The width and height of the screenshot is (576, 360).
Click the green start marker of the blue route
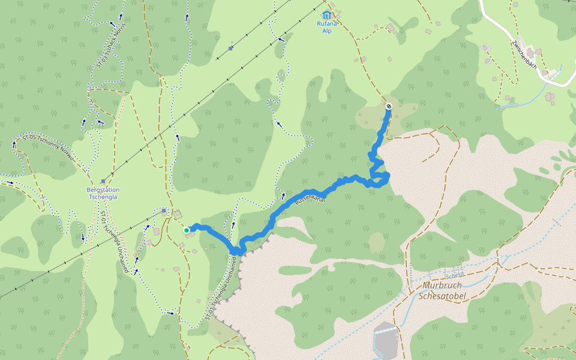click(187, 230)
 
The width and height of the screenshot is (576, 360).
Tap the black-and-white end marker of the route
click(388, 106)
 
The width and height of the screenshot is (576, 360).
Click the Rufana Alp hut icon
click(326, 14)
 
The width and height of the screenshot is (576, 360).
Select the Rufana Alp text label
click(327, 27)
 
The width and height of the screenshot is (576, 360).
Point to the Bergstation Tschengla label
click(103, 193)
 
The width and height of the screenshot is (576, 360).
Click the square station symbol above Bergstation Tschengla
click(104, 181)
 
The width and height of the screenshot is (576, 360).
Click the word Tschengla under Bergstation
click(103, 197)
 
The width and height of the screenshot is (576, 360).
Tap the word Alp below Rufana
click(327, 31)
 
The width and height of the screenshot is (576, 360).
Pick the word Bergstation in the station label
click(103, 190)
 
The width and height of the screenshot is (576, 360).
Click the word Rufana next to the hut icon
click(327, 24)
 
